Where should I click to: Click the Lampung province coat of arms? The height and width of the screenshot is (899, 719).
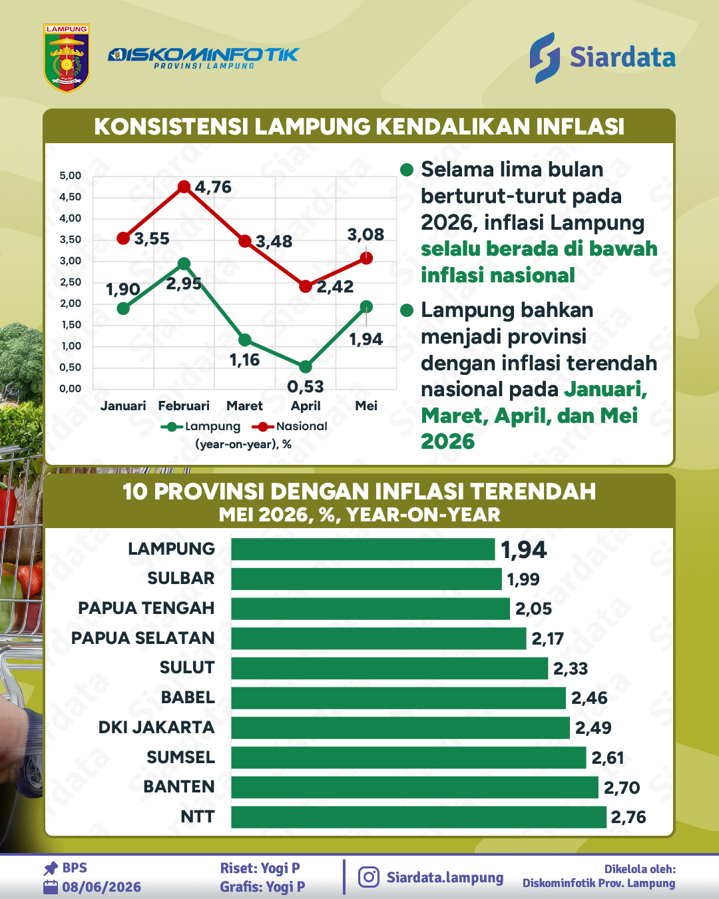[x=67, y=58]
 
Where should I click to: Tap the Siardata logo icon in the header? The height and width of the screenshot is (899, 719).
[x=545, y=58]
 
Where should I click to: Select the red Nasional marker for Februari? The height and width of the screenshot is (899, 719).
[x=184, y=186]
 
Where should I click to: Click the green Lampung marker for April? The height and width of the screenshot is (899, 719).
[x=306, y=367]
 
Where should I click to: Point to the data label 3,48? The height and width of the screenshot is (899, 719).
[x=274, y=242]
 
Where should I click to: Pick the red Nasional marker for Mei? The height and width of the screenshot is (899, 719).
[x=366, y=258]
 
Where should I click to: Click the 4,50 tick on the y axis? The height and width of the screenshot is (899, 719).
[x=70, y=196]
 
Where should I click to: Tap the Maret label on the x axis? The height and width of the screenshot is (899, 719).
[x=244, y=406]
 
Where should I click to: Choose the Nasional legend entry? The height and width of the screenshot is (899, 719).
[x=290, y=426]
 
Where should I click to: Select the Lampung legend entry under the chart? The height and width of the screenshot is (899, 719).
[x=201, y=426]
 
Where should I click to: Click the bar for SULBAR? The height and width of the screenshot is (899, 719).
[x=366, y=579]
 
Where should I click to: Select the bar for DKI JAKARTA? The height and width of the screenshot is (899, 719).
[x=400, y=728]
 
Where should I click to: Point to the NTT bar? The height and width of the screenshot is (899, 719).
[x=419, y=818]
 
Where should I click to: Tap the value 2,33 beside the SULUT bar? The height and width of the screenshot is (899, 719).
[x=571, y=669]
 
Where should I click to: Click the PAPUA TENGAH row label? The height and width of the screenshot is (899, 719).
[x=146, y=608]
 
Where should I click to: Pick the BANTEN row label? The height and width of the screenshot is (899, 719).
[x=179, y=787]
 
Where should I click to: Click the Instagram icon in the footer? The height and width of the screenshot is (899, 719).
[x=368, y=877]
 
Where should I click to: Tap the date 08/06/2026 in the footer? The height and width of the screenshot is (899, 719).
[x=101, y=887]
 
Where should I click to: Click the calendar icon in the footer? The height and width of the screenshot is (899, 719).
[x=51, y=887]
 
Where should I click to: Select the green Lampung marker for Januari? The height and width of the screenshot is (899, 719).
[x=123, y=309]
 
